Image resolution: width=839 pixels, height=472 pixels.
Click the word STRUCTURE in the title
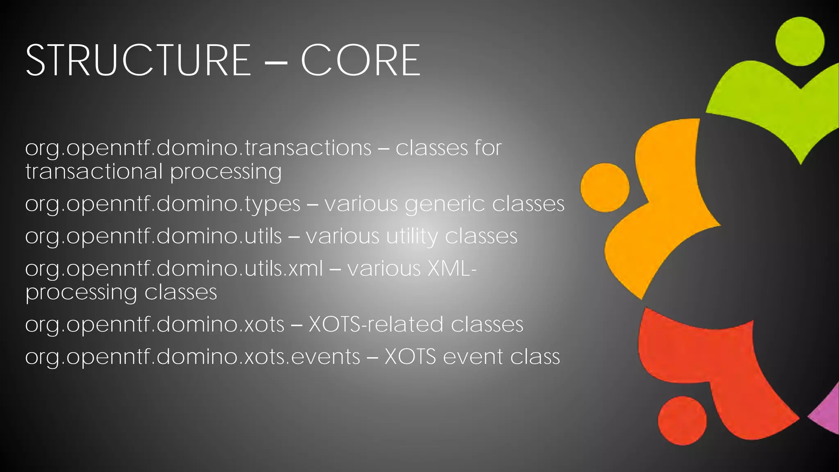pyautogui.click(x=138, y=61)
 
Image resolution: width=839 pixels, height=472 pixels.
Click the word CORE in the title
pyautogui.click(x=361, y=61)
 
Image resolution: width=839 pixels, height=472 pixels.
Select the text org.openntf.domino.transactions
pyautogui.click(x=198, y=148)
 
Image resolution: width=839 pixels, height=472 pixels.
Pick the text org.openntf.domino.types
pyautogui.click(x=163, y=204)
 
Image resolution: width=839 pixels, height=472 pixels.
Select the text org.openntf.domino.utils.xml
pyautogui.click(x=174, y=269)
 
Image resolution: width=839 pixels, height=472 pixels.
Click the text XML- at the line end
pyautogui.click(x=452, y=269)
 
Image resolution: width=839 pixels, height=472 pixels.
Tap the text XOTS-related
pyautogui.click(x=376, y=324)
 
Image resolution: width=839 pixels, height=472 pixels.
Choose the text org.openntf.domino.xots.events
pyautogui.click(x=192, y=357)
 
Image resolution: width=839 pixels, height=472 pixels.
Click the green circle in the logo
pyautogui.click(x=800, y=41)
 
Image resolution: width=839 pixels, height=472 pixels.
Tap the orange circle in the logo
pyautogui.click(x=605, y=188)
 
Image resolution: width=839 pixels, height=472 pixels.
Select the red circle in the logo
pyautogui.click(x=682, y=420)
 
